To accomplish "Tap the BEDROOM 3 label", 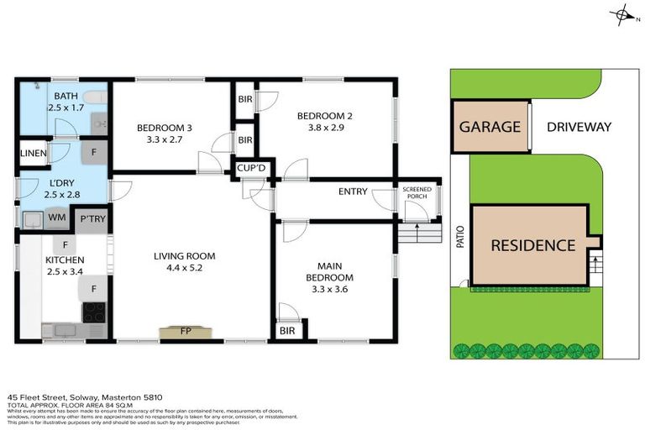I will [165, 128].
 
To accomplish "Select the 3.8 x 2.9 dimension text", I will [325, 128].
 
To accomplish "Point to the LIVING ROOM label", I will [184, 256].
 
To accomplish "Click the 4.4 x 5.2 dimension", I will [184, 268].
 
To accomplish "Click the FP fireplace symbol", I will [186, 331].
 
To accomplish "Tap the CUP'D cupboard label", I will [251, 168].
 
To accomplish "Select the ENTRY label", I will [353, 191].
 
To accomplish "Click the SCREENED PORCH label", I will [417, 194].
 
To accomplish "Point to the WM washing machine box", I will [57, 218].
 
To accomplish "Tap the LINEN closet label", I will [33, 153].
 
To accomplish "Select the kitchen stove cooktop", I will [92, 312].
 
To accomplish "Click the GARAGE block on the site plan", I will [490, 128].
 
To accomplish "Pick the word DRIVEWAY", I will [578, 128].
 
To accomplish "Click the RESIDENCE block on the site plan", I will [532, 245].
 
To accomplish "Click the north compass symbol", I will [622, 13].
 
